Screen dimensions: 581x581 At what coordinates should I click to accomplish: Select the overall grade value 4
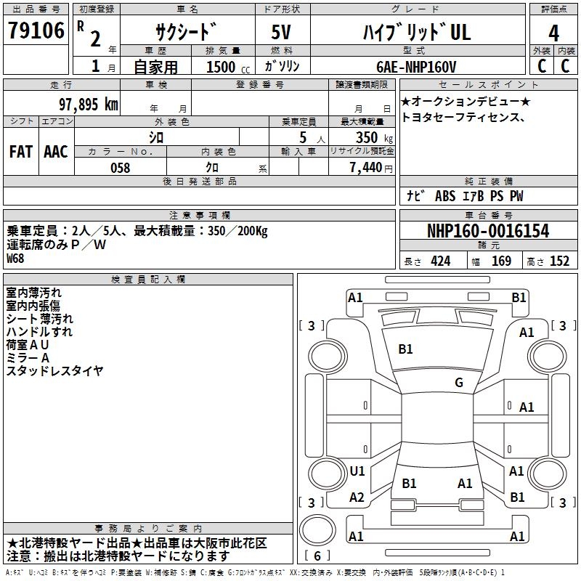click(x=553, y=33)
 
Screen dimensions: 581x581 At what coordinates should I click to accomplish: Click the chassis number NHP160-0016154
click(x=487, y=232)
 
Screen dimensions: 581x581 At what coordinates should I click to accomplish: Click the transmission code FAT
click(x=20, y=151)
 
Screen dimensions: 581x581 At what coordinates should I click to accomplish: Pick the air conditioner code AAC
click(x=56, y=151)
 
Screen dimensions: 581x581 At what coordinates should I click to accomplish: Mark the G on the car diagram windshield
click(x=459, y=383)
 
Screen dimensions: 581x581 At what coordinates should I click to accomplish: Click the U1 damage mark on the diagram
click(x=357, y=471)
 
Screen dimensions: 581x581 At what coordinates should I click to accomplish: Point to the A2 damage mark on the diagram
click(x=357, y=497)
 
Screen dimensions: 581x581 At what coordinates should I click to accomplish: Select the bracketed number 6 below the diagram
click(x=317, y=556)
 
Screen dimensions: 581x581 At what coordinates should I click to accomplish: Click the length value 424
click(x=440, y=261)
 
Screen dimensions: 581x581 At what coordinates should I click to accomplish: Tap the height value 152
click(x=559, y=261)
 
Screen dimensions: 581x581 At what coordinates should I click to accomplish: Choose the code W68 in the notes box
click(x=15, y=258)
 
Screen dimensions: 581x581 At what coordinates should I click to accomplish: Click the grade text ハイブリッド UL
click(x=416, y=33)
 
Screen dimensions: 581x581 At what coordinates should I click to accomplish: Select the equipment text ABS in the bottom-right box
click(x=444, y=196)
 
